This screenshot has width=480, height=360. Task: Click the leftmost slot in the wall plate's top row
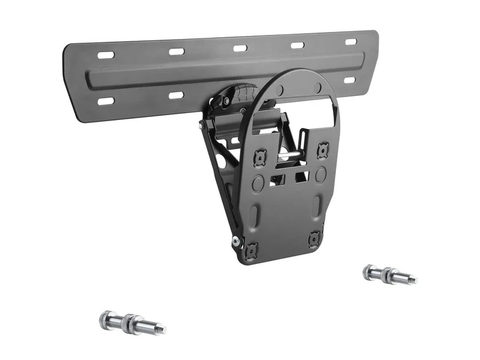(x=106, y=55)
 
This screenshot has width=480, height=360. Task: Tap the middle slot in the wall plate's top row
(x=240, y=47)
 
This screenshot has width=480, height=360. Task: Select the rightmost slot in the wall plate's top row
(x=351, y=42)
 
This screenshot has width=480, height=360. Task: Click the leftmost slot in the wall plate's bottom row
(x=106, y=101)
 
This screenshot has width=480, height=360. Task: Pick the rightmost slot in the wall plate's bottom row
(x=349, y=80)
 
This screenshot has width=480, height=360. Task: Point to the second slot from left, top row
(x=176, y=51)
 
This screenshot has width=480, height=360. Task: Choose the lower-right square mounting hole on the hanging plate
(x=314, y=239)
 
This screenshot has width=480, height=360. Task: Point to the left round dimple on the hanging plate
(x=258, y=182)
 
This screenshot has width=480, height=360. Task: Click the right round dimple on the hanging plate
(x=321, y=175)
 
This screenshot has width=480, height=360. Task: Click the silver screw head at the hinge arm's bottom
(x=235, y=241)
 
